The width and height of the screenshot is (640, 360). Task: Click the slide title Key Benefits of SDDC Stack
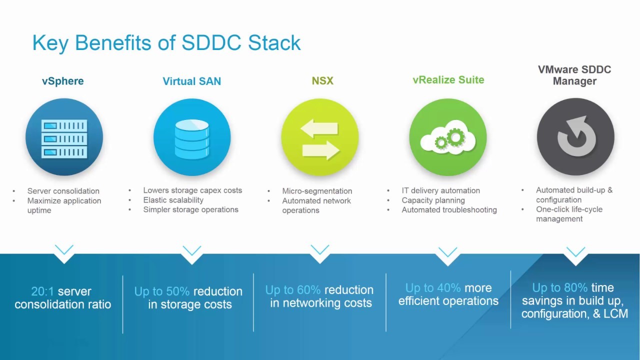pos(166,43)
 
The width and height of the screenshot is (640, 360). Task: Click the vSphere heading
pos(63,81)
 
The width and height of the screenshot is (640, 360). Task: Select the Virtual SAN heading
pos(191,81)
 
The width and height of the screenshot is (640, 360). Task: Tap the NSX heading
pos(322,80)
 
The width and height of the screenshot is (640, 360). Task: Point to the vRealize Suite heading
pos(448,80)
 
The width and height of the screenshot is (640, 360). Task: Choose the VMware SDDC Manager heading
pos(574,75)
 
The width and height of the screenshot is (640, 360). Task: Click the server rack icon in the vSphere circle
pos(64,137)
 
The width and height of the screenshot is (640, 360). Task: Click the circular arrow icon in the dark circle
pos(575,136)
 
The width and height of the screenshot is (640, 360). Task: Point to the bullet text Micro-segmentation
pos(317,191)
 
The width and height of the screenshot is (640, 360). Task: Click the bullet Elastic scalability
pos(173,200)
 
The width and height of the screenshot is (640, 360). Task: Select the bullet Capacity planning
pos(433,200)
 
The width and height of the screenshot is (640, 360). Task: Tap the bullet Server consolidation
pos(63,191)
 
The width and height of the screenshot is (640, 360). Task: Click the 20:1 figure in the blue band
pos(42,291)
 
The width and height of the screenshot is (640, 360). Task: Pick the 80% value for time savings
pos(576,288)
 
